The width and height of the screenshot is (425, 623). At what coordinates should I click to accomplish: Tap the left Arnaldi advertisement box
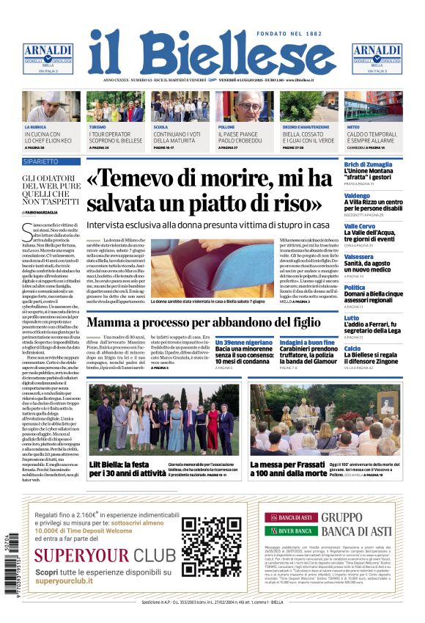tap(48, 59)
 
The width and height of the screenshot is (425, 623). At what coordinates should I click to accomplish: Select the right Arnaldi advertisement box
tap(377, 59)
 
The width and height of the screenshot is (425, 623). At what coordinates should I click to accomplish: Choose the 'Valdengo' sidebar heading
tap(357, 196)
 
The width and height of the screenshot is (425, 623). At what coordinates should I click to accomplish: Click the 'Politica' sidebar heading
tap(355, 288)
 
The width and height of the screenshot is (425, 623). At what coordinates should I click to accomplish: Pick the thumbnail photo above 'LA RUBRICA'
tap(51, 107)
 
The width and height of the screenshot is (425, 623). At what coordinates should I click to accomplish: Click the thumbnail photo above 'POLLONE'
tap(245, 107)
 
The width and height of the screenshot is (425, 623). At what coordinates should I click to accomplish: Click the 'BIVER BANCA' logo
tap(296, 531)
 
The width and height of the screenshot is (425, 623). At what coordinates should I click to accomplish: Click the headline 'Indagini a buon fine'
tap(306, 342)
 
